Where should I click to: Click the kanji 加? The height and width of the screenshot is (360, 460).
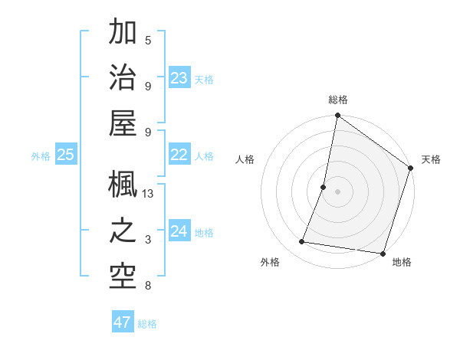tap(123, 33)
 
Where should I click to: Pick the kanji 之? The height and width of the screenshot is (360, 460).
tap(123, 231)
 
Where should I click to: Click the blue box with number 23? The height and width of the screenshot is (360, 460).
tap(179, 78)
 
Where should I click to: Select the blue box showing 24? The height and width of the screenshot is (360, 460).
tap(179, 232)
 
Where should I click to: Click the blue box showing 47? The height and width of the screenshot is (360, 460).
tap(123, 322)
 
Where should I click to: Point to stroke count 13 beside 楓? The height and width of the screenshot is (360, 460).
tap(148, 194)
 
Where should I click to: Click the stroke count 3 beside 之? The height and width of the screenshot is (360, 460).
tap(148, 240)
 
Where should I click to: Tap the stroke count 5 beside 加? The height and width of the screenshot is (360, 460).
tap(148, 41)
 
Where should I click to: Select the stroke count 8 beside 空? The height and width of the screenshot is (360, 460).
tap(148, 286)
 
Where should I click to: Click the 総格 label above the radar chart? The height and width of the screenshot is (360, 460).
tap(338, 100)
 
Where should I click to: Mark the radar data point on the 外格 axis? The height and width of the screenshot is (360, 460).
tap(301, 242)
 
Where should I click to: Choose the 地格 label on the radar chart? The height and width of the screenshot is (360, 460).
tap(402, 263)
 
